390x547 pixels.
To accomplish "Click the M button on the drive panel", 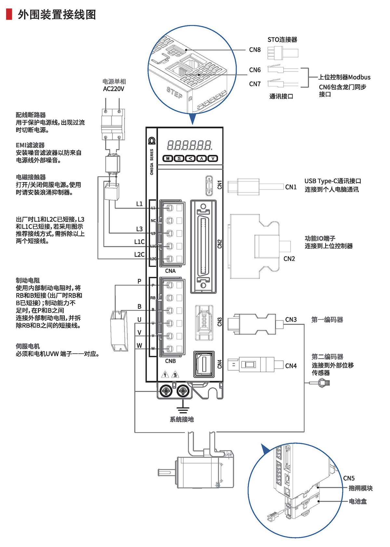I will (x=168, y=159).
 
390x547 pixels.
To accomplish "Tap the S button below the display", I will (x=179, y=159).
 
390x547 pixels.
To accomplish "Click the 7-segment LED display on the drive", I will (x=189, y=145).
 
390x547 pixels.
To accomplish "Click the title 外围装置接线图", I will (x=57, y=15).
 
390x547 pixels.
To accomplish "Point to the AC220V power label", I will (x=113, y=89).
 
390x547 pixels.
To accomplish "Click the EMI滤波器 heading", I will (x=30, y=145).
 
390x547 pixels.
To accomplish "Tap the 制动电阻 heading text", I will (x=28, y=280).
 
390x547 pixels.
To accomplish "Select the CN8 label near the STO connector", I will (x=255, y=50).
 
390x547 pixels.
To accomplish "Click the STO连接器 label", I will (x=282, y=40).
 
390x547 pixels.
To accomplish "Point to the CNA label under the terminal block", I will (x=170, y=271).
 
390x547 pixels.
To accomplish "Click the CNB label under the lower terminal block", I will (x=170, y=361).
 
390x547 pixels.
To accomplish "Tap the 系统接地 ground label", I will (x=182, y=420).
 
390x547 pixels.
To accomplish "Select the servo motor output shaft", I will (x=167, y=472).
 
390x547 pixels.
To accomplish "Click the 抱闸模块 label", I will (x=360, y=488).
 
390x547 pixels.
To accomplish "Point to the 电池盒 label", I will (x=358, y=501).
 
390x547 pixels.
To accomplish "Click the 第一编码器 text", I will (x=327, y=320).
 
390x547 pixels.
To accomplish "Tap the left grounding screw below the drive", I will (x=166, y=390).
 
